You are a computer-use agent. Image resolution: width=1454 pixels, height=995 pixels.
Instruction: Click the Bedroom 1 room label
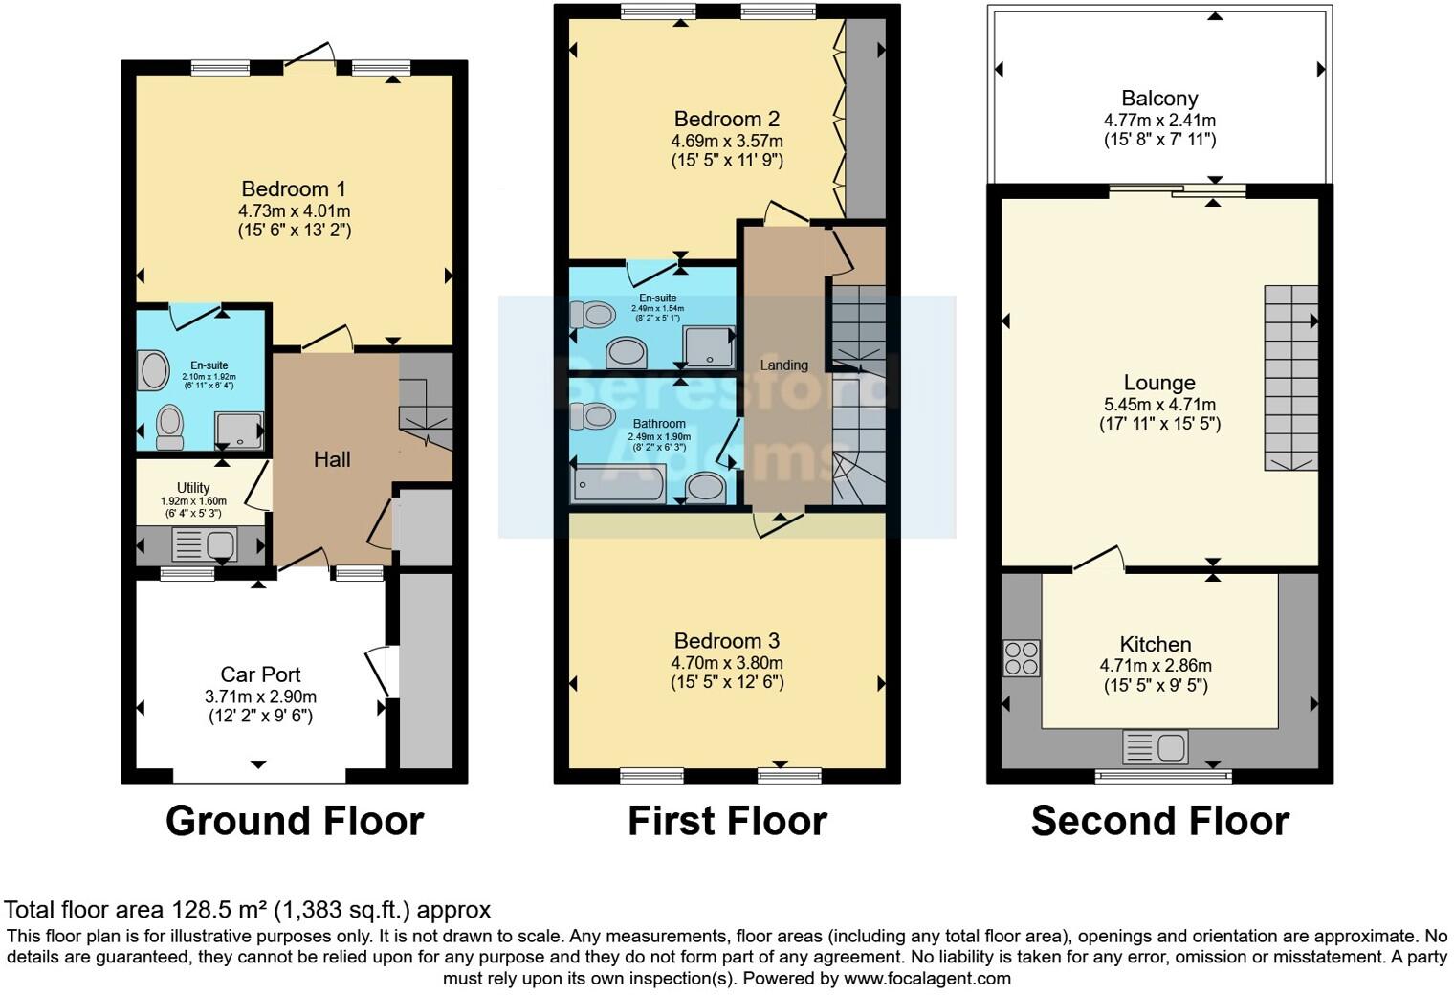[294, 188]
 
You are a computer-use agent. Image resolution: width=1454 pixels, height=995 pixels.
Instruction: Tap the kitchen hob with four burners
[1021, 658]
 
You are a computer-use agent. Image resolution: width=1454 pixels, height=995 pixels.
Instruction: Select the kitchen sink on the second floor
[1155, 746]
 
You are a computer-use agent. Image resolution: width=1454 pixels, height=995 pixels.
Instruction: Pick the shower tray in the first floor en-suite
[708, 347]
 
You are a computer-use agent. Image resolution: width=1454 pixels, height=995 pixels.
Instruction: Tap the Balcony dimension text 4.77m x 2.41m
[1159, 121]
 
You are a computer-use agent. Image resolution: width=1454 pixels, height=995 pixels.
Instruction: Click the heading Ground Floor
[294, 821]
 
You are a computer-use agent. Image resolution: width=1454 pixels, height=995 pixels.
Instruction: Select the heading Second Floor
[1159, 821]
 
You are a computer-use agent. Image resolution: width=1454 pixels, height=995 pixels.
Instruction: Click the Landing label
[783, 365]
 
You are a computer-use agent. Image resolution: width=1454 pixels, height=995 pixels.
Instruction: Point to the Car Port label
[260, 674]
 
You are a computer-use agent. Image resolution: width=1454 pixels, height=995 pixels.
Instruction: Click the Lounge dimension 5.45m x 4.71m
[1159, 404]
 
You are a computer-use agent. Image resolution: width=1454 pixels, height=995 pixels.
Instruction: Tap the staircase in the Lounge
[1290, 377]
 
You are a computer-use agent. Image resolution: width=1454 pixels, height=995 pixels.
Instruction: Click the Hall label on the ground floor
[332, 459]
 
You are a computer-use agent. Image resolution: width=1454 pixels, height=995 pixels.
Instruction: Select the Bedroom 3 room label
[727, 641]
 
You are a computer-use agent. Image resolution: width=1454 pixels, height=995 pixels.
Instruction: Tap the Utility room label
[193, 488]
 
